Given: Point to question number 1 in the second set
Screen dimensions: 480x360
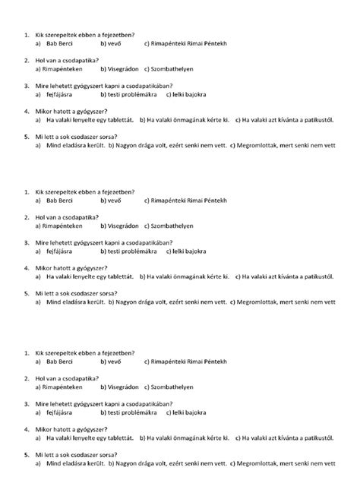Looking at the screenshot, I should (27, 193).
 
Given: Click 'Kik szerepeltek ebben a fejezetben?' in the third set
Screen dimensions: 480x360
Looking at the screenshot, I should (85, 353).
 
